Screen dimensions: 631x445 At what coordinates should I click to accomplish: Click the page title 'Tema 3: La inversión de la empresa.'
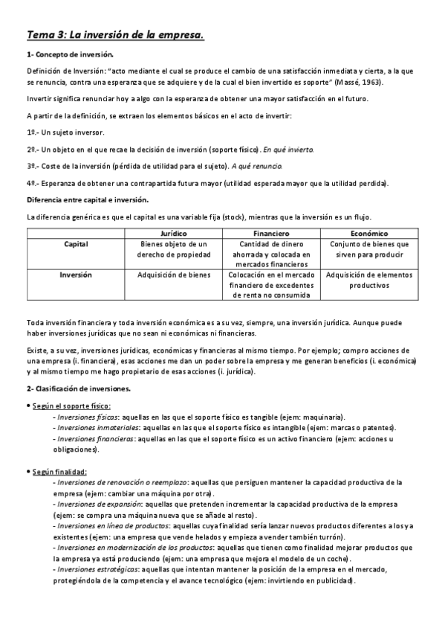tap(114, 34)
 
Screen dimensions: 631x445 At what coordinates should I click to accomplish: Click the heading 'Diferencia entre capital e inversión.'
tap(87, 201)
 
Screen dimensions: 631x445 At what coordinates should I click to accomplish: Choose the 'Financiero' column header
tap(270, 234)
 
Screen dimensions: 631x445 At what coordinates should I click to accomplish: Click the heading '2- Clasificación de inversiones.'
tap(79, 389)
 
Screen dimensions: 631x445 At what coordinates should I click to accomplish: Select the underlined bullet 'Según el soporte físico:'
tap(71, 406)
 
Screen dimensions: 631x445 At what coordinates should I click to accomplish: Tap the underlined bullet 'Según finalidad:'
tap(59, 471)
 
